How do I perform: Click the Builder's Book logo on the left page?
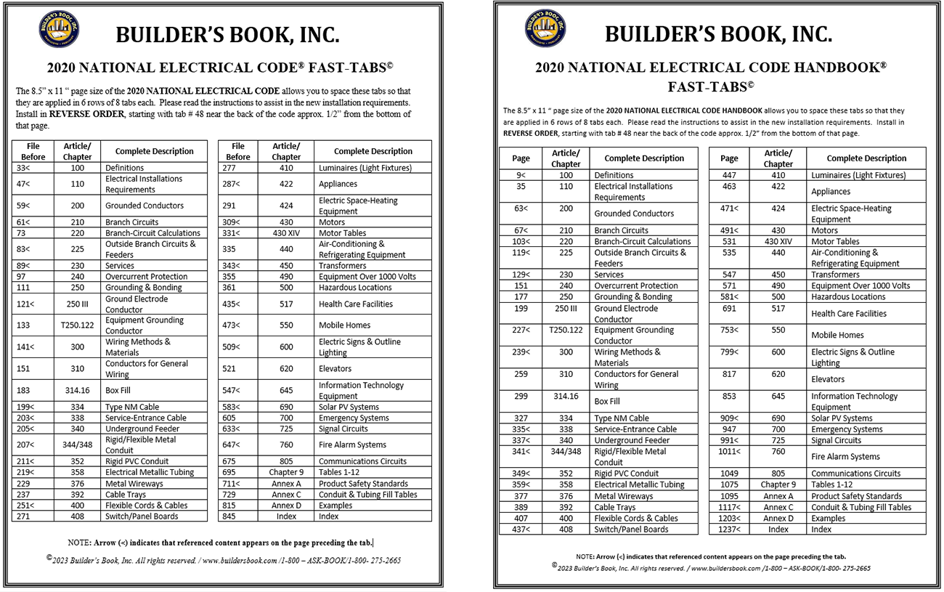[x=59, y=30]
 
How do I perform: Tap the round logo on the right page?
[x=545, y=28]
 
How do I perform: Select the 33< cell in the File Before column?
[x=23, y=168]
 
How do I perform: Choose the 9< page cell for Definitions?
[x=521, y=175]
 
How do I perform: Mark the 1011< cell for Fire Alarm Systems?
[x=728, y=452]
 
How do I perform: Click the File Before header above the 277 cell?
[x=238, y=151]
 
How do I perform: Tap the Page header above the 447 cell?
[x=729, y=158]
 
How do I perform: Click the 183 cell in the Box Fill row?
[x=23, y=391]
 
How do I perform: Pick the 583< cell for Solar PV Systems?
[x=232, y=407]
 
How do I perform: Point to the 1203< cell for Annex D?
[x=728, y=519]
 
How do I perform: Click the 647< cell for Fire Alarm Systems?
[x=232, y=445]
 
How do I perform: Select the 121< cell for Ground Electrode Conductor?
[x=26, y=304]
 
